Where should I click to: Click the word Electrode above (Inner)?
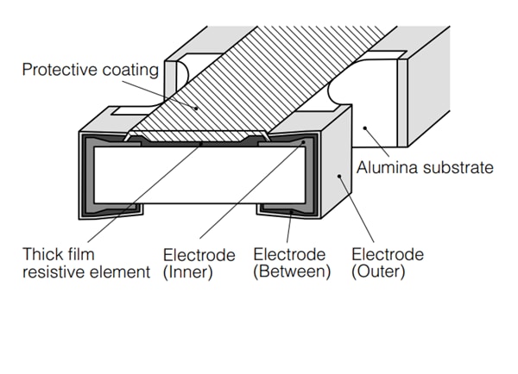199,255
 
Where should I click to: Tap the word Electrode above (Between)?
289,255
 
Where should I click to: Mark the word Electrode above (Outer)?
388,255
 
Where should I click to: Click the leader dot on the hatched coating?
196,109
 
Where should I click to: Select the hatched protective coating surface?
259,86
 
